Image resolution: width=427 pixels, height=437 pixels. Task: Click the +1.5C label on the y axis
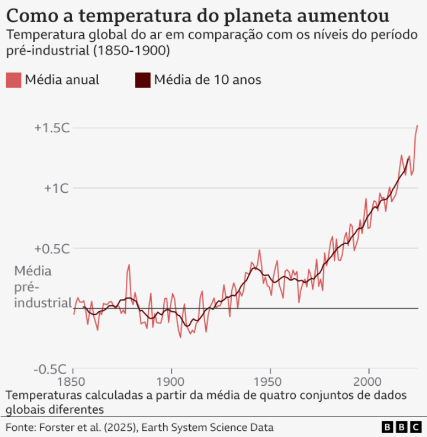(x=51, y=128)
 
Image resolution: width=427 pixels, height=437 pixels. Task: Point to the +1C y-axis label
(x=56, y=188)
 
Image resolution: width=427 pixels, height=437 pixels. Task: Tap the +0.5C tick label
(x=51, y=249)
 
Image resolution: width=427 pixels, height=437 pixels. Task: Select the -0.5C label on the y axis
(x=52, y=369)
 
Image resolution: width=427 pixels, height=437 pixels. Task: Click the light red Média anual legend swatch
(x=13, y=80)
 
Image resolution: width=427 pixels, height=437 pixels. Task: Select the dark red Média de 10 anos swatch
(x=142, y=80)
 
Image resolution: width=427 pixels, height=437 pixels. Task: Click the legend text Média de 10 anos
(x=207, y=80)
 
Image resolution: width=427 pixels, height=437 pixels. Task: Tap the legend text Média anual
(x=62, y=80)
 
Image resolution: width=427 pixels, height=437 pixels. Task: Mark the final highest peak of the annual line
(x=417, y=126)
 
